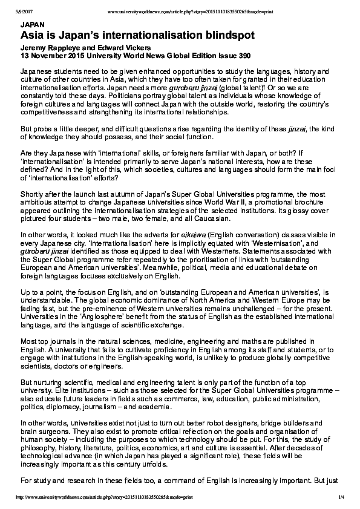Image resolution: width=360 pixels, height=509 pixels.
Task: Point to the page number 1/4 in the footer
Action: point(342,498)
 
